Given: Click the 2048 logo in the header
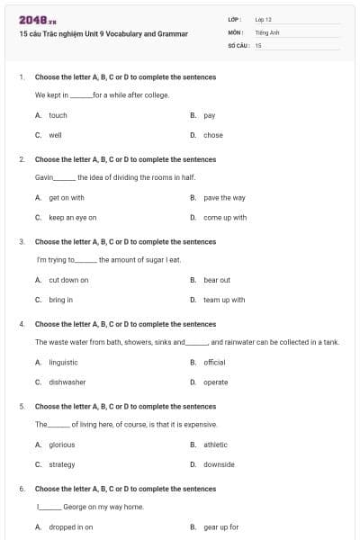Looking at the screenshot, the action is pyautogui.click(x=31, y=19).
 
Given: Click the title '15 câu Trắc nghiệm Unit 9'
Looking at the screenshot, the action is pyautogui.click(x=103, y=34).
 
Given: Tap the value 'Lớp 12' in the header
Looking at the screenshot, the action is pyautogui.click(x=263, y=19).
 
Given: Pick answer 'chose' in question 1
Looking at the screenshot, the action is pyautogui.click(x=213, y=135).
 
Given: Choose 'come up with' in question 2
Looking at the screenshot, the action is pyautogui.click(x=225, y=217).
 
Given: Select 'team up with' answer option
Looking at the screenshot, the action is pyautogui.click(x=224, y=300).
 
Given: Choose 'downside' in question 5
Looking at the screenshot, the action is pyautogui.click(x=219, y=464).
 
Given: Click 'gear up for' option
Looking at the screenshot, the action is pyautogui.click(x=220, y=526).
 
